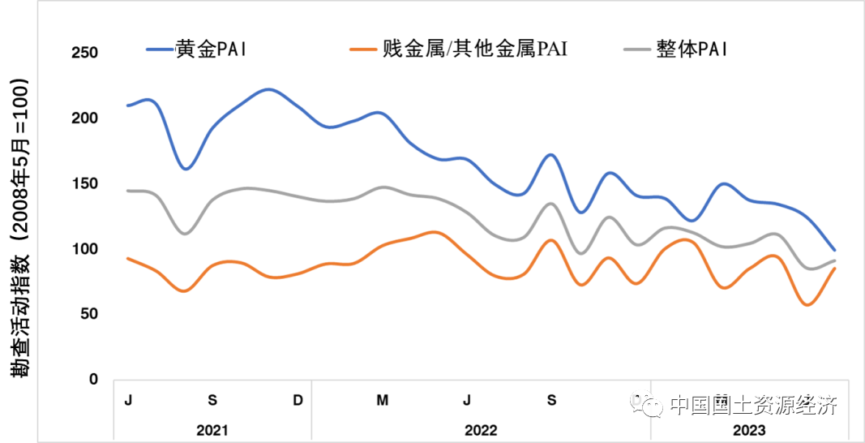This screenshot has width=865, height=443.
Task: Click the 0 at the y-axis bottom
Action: (92, 380)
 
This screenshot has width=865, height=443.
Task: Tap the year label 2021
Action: (212, 430)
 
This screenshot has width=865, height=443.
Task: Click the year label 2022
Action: (481, 430)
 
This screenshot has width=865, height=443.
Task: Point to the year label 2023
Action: (749, 430)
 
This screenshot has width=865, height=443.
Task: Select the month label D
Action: (298, 400)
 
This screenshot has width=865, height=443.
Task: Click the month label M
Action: (383, 400)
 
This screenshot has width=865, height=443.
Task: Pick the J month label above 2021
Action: (128, 400)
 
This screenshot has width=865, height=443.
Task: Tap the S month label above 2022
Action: (552, 400)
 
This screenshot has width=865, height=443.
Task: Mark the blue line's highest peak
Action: (269, 89)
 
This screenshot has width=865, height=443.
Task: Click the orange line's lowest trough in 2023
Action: (807, 305)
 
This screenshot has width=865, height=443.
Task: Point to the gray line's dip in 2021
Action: (185, 234)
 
